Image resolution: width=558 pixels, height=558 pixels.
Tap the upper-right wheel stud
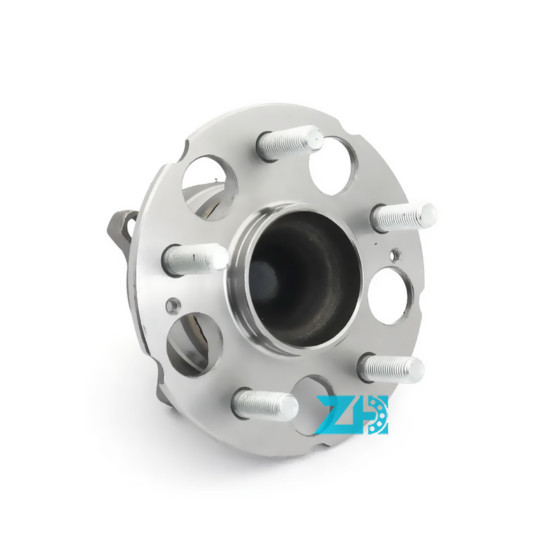[403, 217]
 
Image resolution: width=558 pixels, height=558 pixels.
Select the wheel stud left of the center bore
[195, 259]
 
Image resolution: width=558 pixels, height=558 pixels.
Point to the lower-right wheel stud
[391, 368]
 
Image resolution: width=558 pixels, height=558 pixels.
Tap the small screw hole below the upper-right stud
[396, 254]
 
